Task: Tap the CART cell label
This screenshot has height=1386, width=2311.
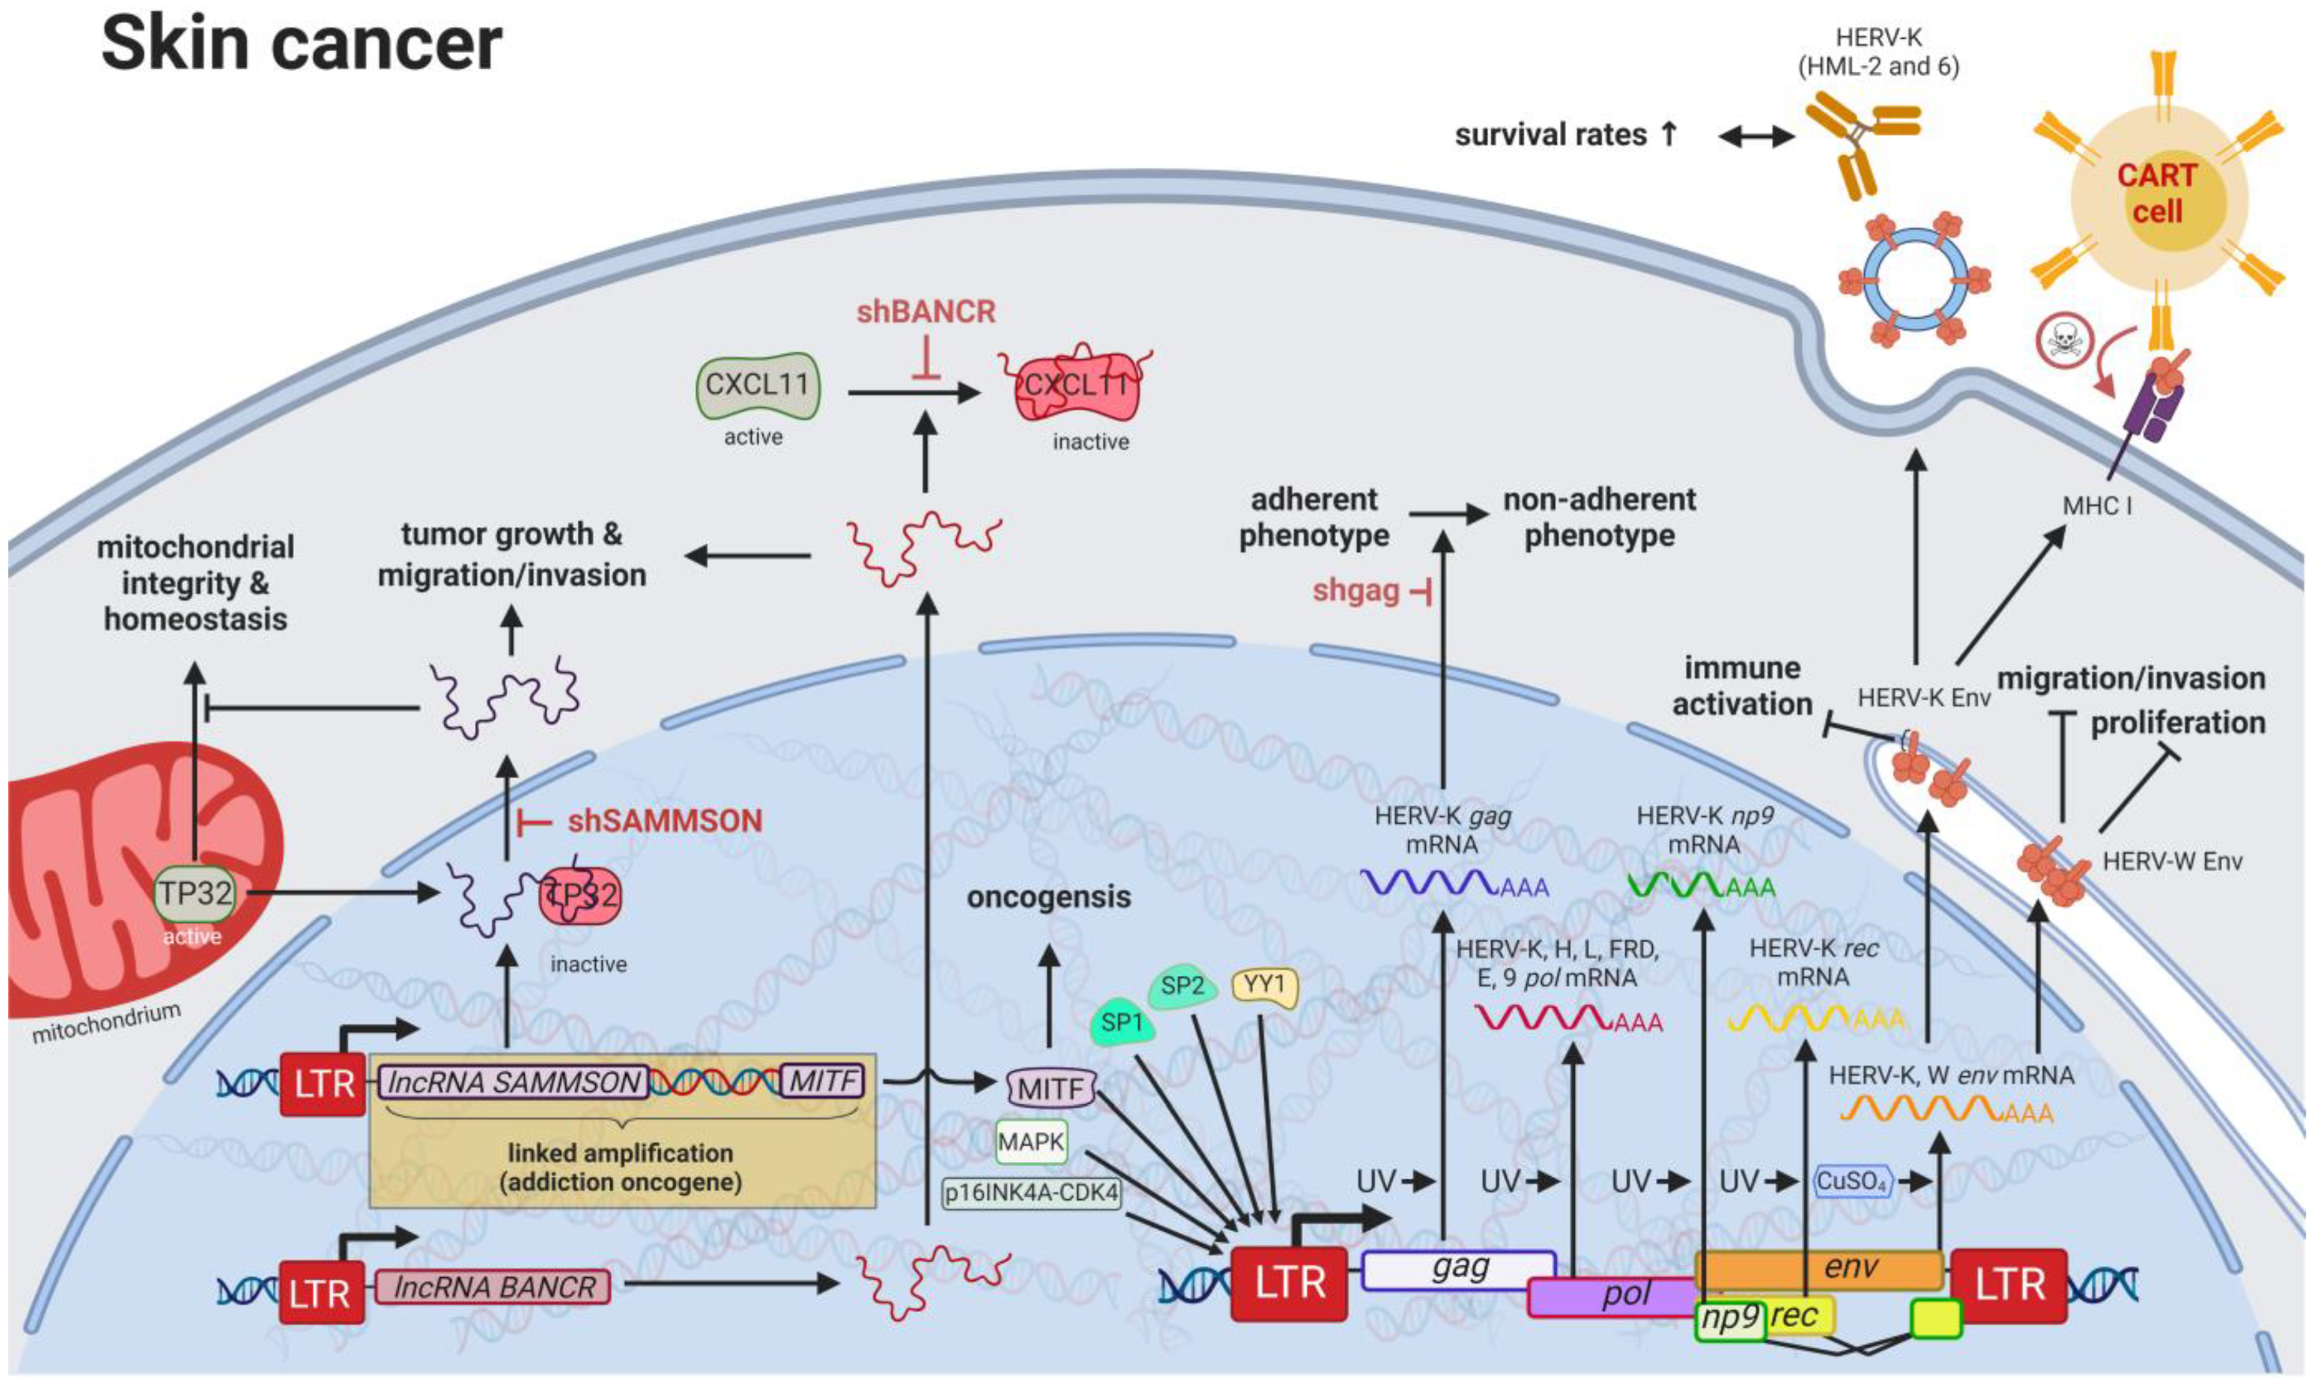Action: (2157, 193)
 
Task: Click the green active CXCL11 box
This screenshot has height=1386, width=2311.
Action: (757, 385)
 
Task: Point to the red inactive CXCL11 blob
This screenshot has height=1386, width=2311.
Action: (1077, 386)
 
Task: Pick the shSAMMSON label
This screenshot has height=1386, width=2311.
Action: (664, 821)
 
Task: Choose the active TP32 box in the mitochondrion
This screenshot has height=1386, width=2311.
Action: (194, 893)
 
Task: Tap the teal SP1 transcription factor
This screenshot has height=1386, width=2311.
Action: (1122, 1023)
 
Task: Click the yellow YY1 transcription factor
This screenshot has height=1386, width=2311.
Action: (1264, 985)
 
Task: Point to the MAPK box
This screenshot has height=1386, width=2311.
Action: (1031, 1142)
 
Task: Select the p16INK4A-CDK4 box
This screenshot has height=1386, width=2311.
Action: (1031, 1193)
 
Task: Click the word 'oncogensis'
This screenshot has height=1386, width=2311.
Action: (1048, 896)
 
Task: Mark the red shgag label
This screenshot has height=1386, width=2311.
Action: (1356, 591)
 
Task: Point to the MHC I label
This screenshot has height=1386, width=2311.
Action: (2097, 506)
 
